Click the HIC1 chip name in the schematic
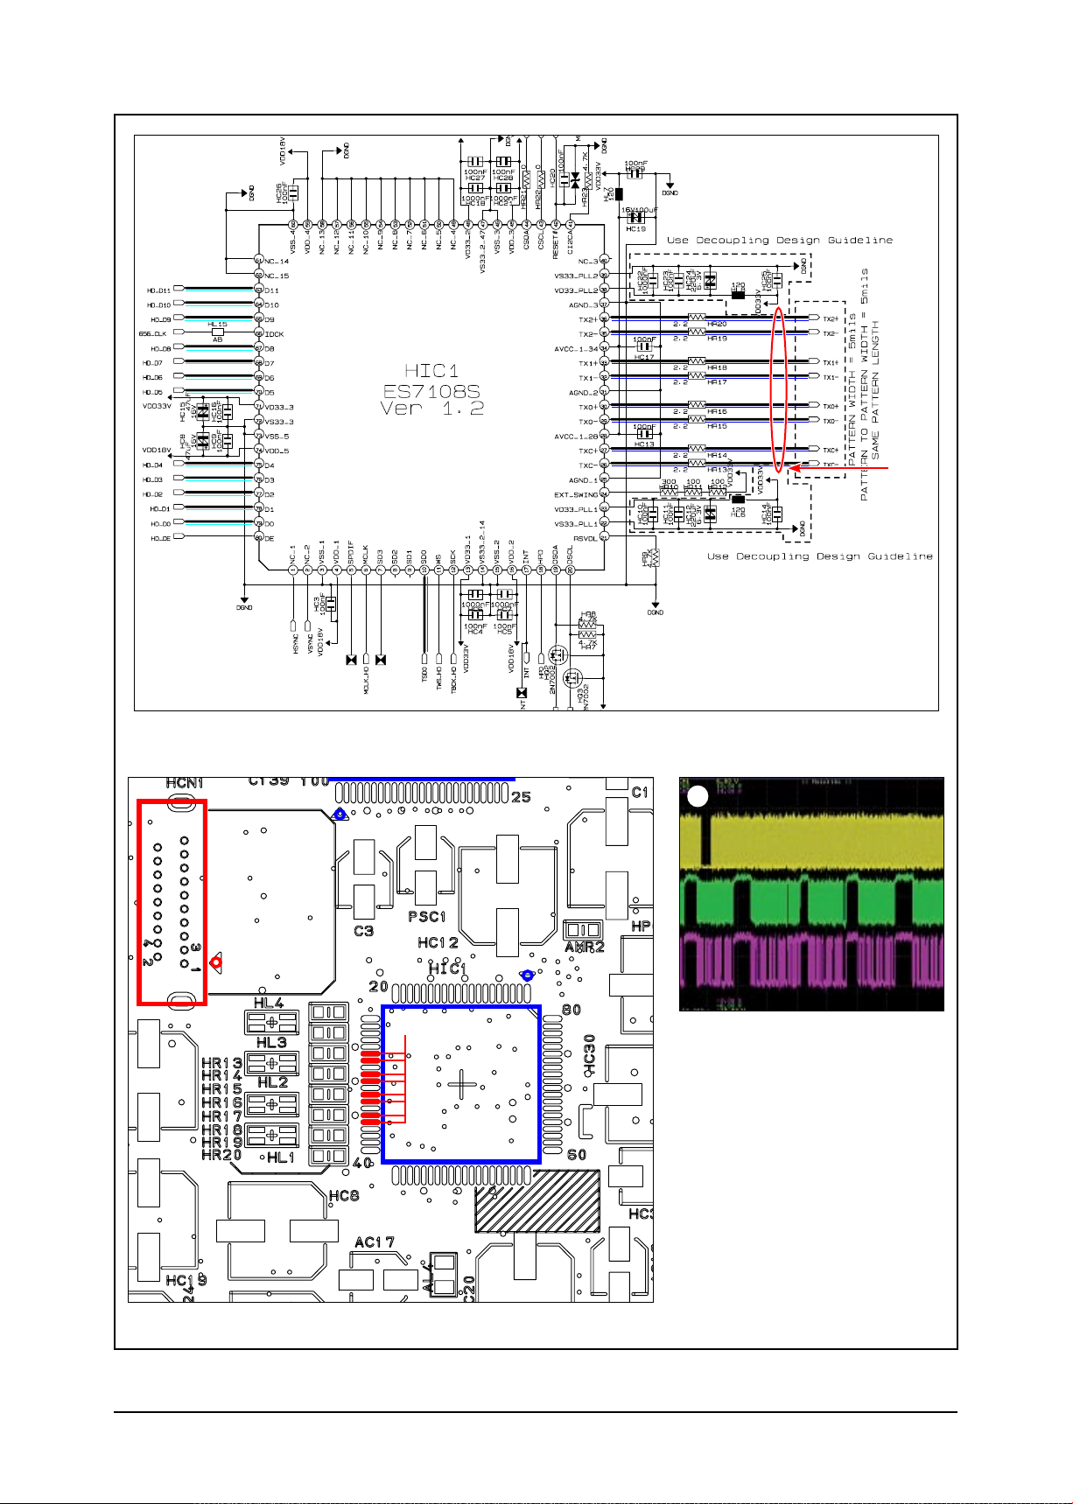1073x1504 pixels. coord(432,371)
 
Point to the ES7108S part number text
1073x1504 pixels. coord(432,390)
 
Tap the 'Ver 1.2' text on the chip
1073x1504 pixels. coord(432,409)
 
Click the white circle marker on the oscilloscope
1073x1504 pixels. coord(697,796)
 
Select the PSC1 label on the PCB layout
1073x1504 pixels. coord(427,917)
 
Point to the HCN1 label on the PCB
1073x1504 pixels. coord(184,782)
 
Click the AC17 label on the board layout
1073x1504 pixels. coord(375,1242)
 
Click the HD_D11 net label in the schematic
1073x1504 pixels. coord(159,290)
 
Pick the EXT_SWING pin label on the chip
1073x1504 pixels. coord(575,495)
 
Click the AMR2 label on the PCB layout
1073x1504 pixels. coord(585,947)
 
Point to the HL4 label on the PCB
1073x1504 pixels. coord(269,1004)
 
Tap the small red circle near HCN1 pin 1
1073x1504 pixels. coord(216,963)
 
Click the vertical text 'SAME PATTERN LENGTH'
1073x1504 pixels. coord(875,391)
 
